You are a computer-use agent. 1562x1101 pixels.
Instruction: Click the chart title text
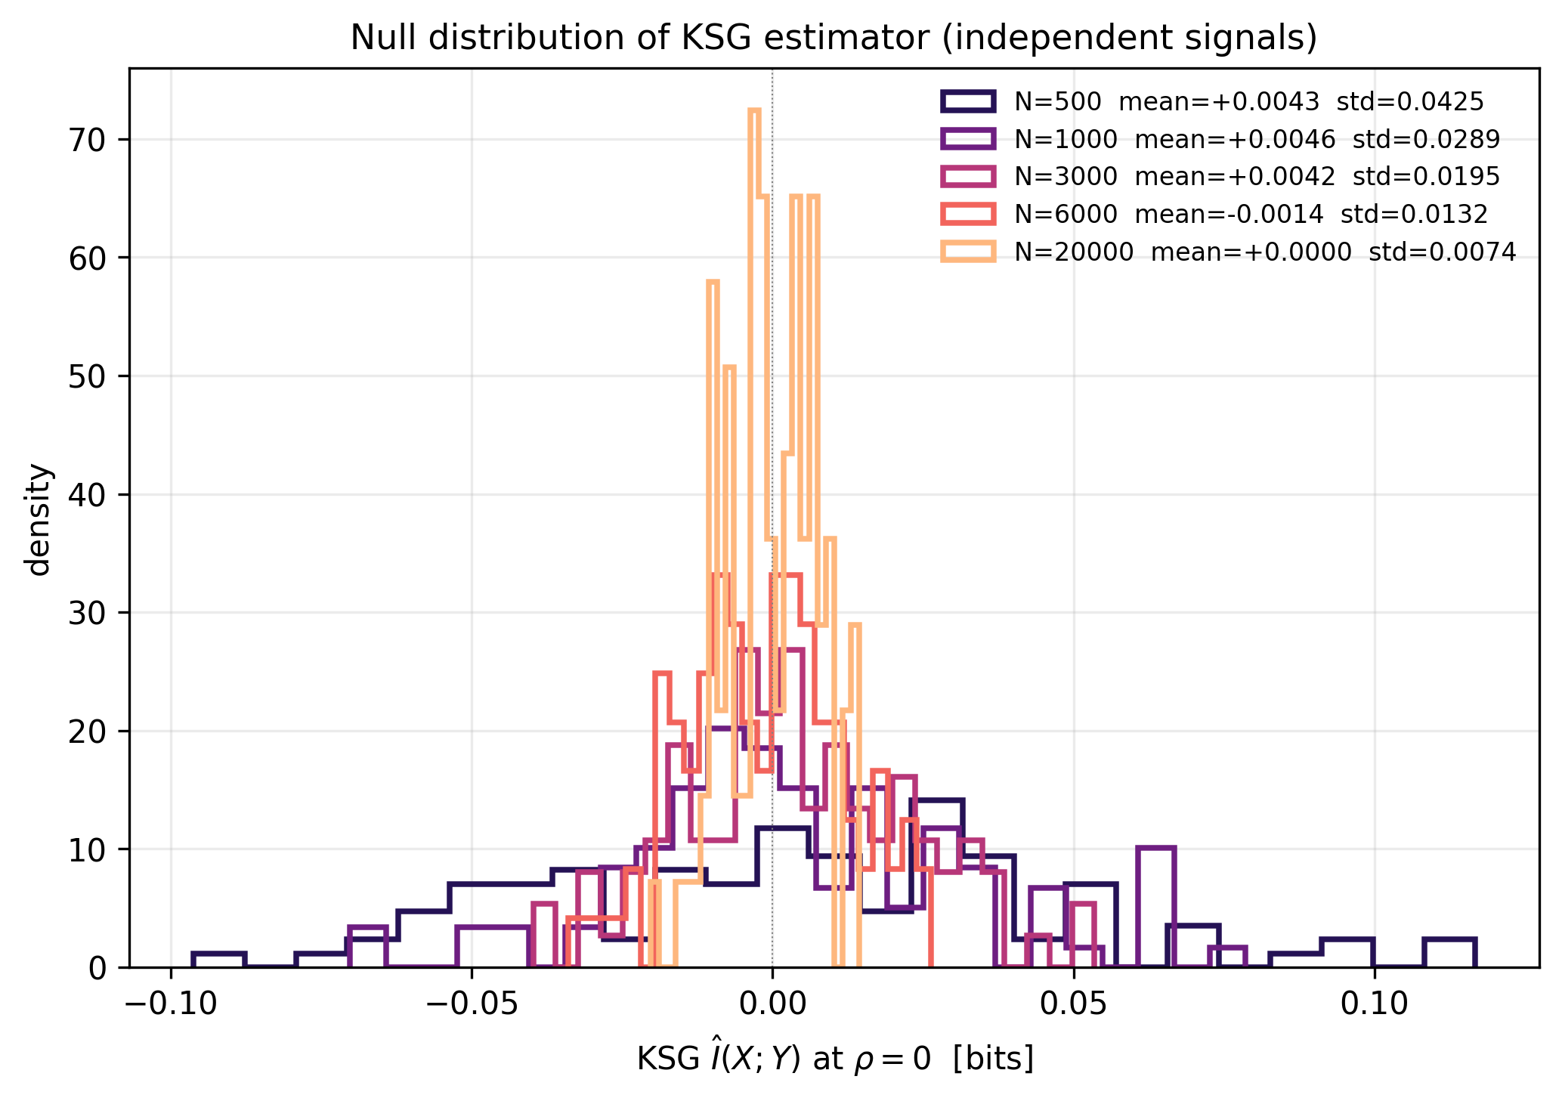point(834,38)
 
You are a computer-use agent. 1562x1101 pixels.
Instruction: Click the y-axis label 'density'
point(38,518)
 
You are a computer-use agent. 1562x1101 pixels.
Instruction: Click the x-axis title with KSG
point(834,1059)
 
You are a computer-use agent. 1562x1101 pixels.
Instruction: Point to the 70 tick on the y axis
point(88,140)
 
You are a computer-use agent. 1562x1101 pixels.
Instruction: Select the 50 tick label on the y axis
point(88,376)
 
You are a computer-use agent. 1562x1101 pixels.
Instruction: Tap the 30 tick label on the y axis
point(88,613)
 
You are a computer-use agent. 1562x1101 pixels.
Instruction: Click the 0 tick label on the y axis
point(97,968)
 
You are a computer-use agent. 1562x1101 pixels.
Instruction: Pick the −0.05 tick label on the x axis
point(472,1004)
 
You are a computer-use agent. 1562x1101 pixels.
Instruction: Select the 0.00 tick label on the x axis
point(772,1004)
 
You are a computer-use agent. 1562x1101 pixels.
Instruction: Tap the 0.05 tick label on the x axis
point(1073,1004)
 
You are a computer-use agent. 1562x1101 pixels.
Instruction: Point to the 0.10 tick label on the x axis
point(1374,1004)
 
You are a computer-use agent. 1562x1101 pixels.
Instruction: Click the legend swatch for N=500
point(968,101)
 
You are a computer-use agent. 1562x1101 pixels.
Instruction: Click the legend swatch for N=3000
point(968,177)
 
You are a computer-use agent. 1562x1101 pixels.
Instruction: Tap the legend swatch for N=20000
point(968,252)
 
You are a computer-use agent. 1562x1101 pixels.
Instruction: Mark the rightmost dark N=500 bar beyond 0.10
point(1449,953)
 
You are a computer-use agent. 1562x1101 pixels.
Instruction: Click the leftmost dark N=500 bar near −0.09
point(219,960)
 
